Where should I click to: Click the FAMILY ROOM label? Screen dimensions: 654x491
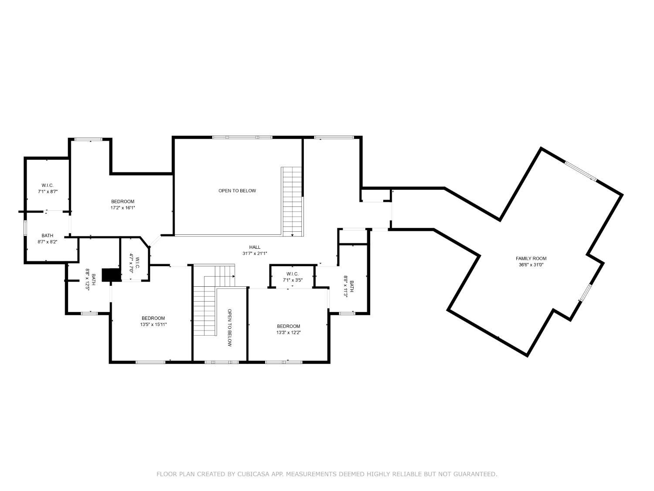tap(531, 258)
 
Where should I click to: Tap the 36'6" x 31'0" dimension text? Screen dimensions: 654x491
tap(531, 264)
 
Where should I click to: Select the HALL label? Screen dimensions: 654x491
tap(255, 247)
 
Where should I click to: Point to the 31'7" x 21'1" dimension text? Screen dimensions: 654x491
tap(255, 253)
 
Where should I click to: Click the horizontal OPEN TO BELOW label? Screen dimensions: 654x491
tap(237, 191)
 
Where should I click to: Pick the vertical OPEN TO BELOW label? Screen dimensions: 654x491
tap(229, 328)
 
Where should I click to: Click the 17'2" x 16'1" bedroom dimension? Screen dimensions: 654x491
tap(123, 208)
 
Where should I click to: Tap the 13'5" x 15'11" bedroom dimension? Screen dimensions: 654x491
tap(153, 324)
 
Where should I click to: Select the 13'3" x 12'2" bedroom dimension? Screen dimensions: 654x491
tap(289, 332)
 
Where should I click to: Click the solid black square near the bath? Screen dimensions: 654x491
tap(111, 275)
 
